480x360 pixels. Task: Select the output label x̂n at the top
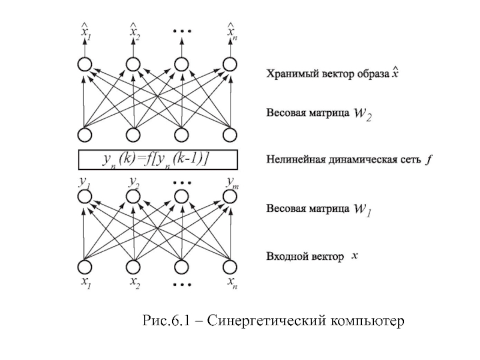(x=231, y=31)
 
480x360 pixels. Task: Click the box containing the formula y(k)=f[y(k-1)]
(x=159, y=159)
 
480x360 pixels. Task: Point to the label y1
(x=84, y=181)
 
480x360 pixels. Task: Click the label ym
(x=232, y=181)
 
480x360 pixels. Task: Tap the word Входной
(x=284, y=257)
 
